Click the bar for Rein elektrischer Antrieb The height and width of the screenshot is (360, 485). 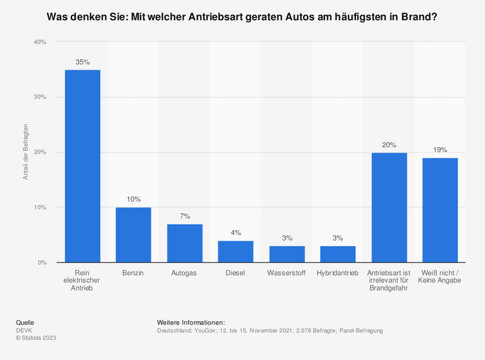(x=82, y=166)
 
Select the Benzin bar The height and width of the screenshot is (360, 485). (x=133, y=235)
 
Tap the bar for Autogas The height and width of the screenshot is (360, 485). (x=185, y=243)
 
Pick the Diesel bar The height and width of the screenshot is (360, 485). (x=236, y=252)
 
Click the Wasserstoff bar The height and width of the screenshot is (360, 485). (x=287, y=254)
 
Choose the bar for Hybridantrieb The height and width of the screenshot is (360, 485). (x=338, y=254)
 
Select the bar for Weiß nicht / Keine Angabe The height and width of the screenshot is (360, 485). (x=440, y=210)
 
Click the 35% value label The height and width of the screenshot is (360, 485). (x=82, y=62)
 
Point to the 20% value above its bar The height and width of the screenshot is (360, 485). (x=389, y=145)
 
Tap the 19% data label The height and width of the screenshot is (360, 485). (x=440, y=150)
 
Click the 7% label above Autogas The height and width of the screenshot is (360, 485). (x=185, y=216)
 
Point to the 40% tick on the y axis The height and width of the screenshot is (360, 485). (x=40, y=42)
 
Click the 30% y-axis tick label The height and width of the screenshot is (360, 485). (x=40, y=97)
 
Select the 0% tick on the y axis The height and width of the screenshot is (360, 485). (x=42, y=262)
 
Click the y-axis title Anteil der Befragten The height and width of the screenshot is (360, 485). (x=25, y=152)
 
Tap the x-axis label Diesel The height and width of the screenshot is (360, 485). (x=236, y=273)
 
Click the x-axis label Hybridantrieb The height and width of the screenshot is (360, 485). (x=338, y=273)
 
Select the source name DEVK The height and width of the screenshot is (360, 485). (x=24, y=330)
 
